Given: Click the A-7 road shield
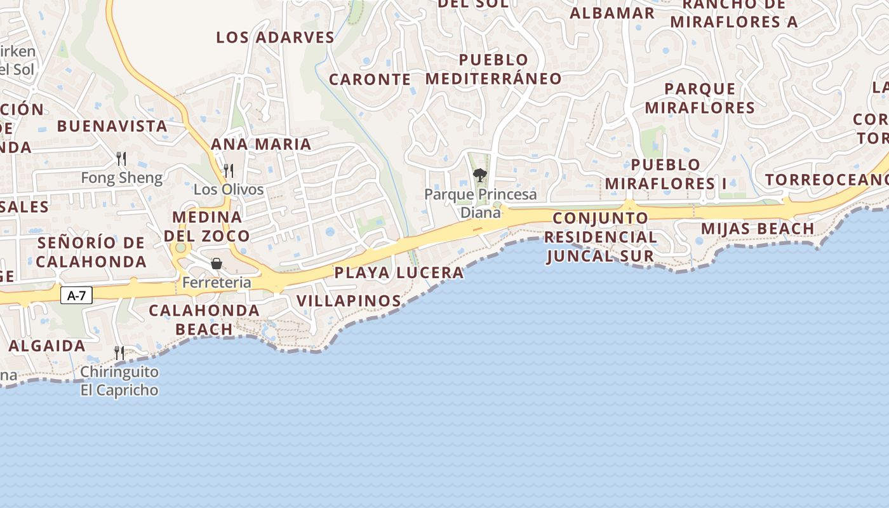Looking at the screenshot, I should [76, 295].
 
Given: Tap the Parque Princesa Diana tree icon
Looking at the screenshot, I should [480, 175].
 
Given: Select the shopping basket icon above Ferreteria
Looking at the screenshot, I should [217, 264].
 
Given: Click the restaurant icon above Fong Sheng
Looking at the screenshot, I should [121, 158].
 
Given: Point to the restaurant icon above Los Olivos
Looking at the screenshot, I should [228, 170].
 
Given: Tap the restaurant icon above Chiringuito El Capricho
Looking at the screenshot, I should [119, 352].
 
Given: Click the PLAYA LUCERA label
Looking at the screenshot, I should [399, 273].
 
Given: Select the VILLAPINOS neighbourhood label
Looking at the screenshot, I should [349, 301].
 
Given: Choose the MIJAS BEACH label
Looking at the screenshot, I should [757, 229].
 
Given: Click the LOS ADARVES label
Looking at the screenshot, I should [275, 37].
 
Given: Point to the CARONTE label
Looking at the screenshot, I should [370, 79].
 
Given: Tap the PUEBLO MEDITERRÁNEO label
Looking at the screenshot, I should [493, 69].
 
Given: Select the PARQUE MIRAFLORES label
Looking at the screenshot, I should [700, 98].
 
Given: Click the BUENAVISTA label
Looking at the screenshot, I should [112, 126].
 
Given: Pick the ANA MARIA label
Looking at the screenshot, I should [261, 144].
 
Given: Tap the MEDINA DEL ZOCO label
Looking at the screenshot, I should [207, 227].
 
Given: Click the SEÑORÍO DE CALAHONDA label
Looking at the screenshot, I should [91, 252].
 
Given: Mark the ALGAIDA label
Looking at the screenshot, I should [47, 346].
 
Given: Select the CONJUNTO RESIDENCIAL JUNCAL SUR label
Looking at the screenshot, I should [601, 237].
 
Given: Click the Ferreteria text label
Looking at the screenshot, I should [217, 283].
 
